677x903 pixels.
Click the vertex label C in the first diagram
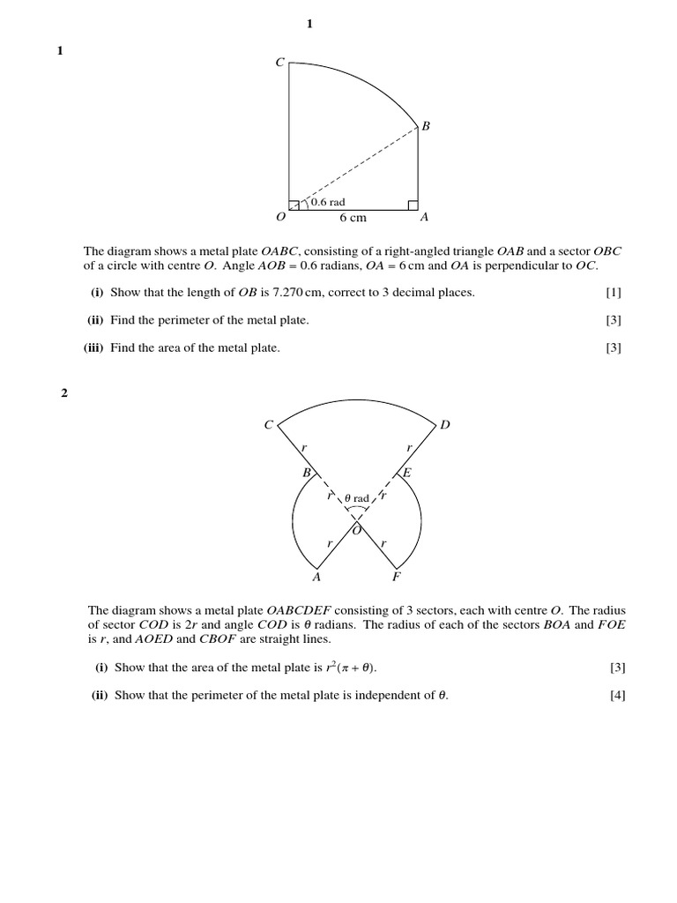tap(279, 63)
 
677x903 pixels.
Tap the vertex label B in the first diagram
tap(426, 126)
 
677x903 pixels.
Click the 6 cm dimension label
tap(353, 218)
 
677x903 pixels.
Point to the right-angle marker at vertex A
tap(413, 205)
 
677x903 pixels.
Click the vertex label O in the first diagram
tap(280, 217)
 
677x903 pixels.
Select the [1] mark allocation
tap(614, 293)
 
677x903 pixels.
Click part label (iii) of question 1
tap(93, 347)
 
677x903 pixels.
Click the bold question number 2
tap(63, 393)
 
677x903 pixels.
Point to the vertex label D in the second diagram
tap(445, 425)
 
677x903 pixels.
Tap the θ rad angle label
tap(356, 498)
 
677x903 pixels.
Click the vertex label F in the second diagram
tap(396, 578)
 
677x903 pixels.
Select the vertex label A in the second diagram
tap(316, 578)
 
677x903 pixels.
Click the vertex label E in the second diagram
tap(407, 474)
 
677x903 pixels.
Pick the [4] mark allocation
tap(617, 695)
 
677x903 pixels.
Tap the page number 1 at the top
tap(309, 24)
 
